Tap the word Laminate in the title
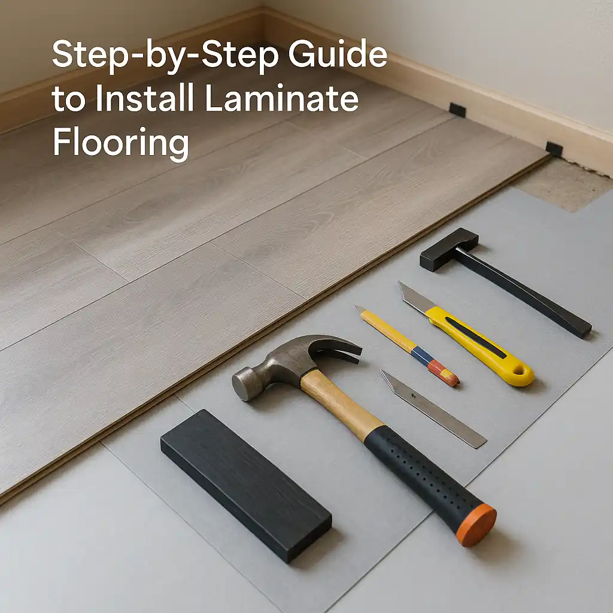click(x=281, y=99)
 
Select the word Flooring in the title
click(x=120, y=142)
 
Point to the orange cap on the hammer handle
click(x=476, y=525)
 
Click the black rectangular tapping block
click(x=245, y=484)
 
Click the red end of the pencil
click(x=448, y=374)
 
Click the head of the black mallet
click(x=449, y=248)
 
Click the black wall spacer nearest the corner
click(x=457, y=110)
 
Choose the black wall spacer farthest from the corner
click(x=554, y=148)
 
